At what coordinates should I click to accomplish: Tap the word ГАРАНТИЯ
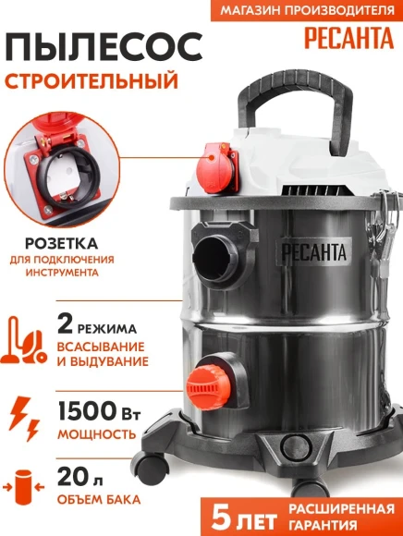pos(342,522)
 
